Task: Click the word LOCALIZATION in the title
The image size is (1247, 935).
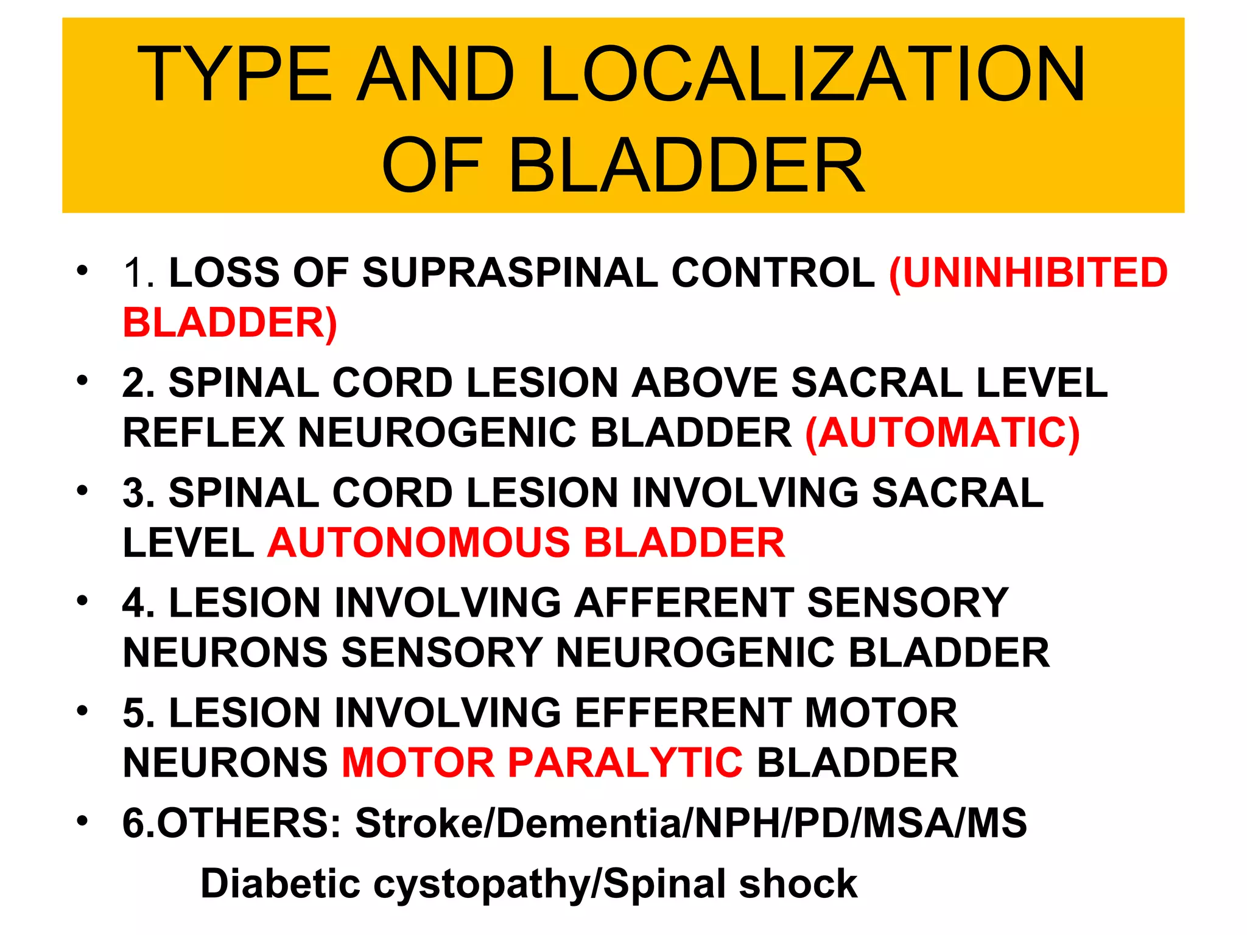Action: pos(813,74)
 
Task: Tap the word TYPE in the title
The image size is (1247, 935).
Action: pos(234,74)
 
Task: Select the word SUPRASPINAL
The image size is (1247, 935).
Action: pos(510,272)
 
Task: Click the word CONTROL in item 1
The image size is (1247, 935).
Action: pos(773,272)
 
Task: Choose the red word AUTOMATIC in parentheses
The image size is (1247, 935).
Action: pos(943,433)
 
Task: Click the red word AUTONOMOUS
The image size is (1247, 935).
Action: pos(419,542)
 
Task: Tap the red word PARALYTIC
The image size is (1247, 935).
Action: pos(625,763)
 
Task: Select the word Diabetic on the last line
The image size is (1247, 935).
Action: pos(281,883)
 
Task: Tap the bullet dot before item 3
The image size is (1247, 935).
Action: pos(82,491)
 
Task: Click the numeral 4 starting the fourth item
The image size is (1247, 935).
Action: pos(134,603)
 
